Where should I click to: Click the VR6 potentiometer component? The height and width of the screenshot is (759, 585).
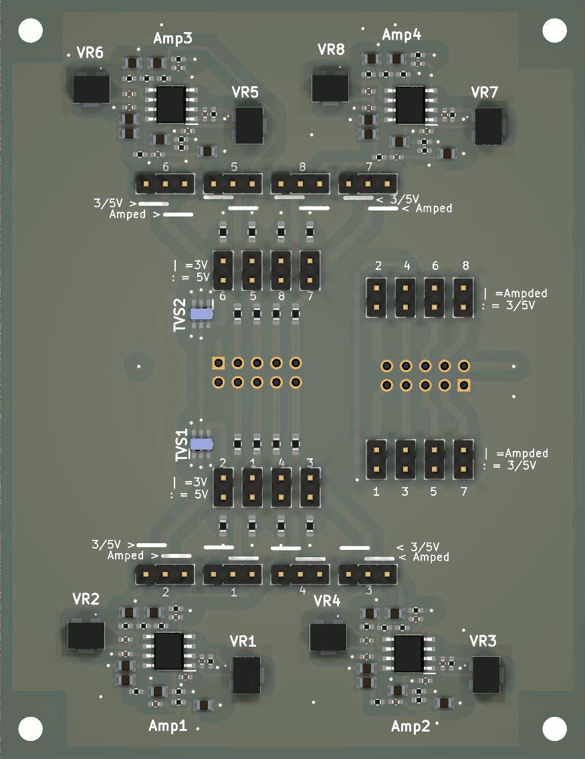91,89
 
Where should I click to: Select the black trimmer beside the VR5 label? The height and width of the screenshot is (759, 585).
249,125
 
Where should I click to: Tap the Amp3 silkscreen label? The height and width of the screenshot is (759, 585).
173,38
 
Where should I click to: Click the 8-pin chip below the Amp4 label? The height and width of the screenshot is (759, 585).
410,105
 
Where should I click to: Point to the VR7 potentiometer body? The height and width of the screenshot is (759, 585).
488,126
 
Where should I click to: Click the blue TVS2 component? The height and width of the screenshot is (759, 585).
201,313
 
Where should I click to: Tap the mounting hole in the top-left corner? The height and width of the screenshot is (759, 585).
31,30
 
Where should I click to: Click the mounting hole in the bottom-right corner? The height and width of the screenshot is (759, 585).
554,728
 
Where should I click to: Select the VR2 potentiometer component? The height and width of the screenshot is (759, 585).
86,635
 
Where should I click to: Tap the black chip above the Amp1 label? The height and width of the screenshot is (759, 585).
168,651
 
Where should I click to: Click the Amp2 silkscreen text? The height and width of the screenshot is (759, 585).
411,726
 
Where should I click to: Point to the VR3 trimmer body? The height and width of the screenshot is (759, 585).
486,674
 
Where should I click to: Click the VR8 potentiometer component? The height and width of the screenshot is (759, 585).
330,87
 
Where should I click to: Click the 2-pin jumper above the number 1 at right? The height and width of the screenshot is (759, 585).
377,459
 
